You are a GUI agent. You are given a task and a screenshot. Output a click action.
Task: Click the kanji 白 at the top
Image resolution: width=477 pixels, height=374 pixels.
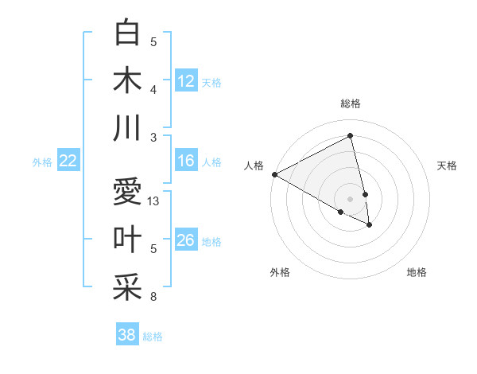tap(127, 33)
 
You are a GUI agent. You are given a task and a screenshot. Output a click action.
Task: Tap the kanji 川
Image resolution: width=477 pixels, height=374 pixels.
tap(127, 128)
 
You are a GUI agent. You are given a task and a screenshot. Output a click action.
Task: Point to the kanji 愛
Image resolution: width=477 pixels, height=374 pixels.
tap(127, 193)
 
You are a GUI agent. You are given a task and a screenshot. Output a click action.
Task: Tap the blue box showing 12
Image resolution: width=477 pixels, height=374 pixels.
tap(186, 80)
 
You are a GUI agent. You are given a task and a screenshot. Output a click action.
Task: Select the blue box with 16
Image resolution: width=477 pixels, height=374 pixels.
tap(186, 162)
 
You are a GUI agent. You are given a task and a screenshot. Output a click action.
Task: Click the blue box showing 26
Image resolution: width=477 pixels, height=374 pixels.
tap(186, 241)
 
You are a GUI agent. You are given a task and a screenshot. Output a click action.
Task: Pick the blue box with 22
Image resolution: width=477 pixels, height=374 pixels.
tap(68, 162)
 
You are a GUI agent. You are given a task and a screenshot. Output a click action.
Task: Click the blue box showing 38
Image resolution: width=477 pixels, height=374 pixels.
tap(127, 335)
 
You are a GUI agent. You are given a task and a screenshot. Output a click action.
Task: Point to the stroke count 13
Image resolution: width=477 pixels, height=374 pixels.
tap(154, 201)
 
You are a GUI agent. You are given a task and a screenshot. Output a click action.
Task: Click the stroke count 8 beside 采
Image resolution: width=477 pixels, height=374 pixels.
tap(153, 297)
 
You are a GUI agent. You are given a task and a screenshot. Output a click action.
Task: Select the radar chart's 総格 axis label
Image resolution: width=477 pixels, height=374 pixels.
tap(351, 103)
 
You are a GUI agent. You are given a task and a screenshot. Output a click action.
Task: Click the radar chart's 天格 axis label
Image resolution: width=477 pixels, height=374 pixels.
tap(448, 166)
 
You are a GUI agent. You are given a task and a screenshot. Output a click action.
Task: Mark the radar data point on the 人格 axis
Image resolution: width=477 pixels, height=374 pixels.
tap(274, 174)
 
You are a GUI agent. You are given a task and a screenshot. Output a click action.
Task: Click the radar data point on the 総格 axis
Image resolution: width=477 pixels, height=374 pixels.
tap(351, 136)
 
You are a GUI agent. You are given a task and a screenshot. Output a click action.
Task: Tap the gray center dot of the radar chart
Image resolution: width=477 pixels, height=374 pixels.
tap(351, 198)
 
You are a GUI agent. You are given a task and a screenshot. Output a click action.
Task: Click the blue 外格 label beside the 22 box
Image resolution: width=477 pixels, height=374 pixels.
tap(42, 162)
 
